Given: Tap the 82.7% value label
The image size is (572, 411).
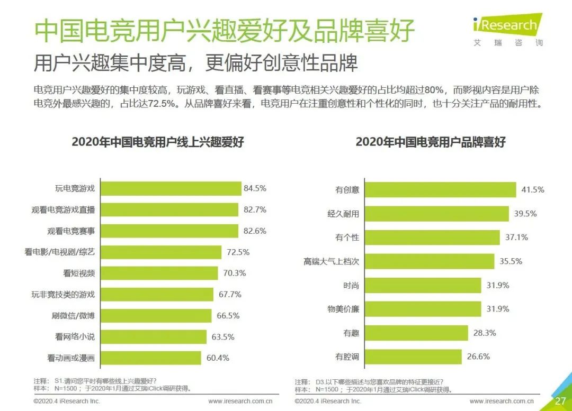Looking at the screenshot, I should click(255, 209).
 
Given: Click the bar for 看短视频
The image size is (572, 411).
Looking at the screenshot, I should click(159, 273).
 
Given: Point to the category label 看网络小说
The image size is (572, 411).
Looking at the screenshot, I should click(75, 336).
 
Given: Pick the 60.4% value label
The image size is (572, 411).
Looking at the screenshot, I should click(218, 358).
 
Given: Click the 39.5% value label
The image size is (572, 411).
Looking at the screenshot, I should click(525, 214).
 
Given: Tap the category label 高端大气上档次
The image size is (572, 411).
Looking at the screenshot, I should click(331, 261).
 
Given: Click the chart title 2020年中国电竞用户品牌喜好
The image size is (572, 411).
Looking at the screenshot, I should click(430, 142).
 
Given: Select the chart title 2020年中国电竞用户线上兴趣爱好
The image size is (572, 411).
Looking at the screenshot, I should click(157, 142).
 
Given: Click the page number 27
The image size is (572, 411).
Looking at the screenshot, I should click(560, 400).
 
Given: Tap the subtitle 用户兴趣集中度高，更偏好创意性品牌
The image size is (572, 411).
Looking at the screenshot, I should click(195, 62).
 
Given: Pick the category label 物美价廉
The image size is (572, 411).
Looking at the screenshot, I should click(343, 309).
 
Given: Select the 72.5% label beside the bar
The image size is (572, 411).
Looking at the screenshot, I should click(238, 252).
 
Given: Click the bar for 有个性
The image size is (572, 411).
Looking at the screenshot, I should click(432, 238).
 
